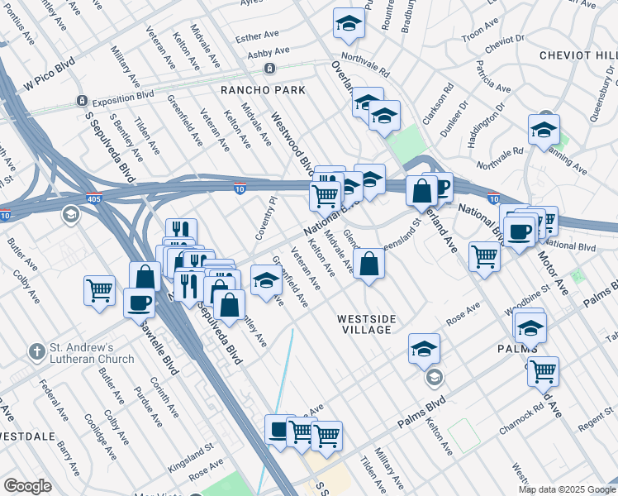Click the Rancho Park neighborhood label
coord(262,89)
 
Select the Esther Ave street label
coord(258,37)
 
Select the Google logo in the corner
coord(28,485)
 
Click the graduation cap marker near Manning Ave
coord(544,129)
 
